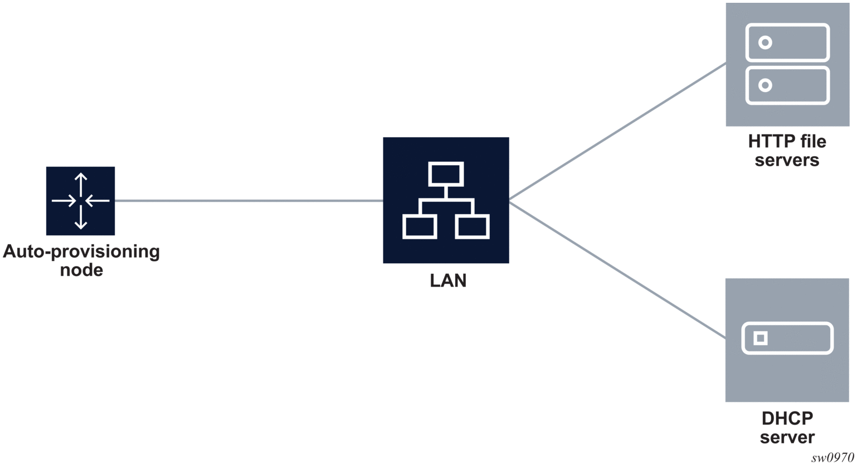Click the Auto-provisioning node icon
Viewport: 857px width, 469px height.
[80, 201]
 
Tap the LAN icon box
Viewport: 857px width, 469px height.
[446, 200]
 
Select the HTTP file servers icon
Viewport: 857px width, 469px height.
[787, 64]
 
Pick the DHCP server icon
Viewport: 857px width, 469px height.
[787, 340]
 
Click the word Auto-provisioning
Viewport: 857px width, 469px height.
[81, 252]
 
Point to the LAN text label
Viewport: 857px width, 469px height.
[448, 281]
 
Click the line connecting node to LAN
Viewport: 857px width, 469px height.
[249, 201]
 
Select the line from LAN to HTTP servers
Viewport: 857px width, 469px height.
[617, 132]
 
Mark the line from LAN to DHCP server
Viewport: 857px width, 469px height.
[617, 270]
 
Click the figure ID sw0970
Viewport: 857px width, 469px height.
[832, 458]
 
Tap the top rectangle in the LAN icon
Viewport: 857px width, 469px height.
[446, 174]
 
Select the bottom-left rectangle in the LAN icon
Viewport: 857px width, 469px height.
[420, 227]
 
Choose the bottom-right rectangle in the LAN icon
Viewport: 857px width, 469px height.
[472, 227]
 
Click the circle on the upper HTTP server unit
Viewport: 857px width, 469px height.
[765, 42]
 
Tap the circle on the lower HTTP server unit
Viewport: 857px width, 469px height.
[765, 85]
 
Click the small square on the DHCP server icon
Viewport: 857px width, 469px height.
[760, 338]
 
